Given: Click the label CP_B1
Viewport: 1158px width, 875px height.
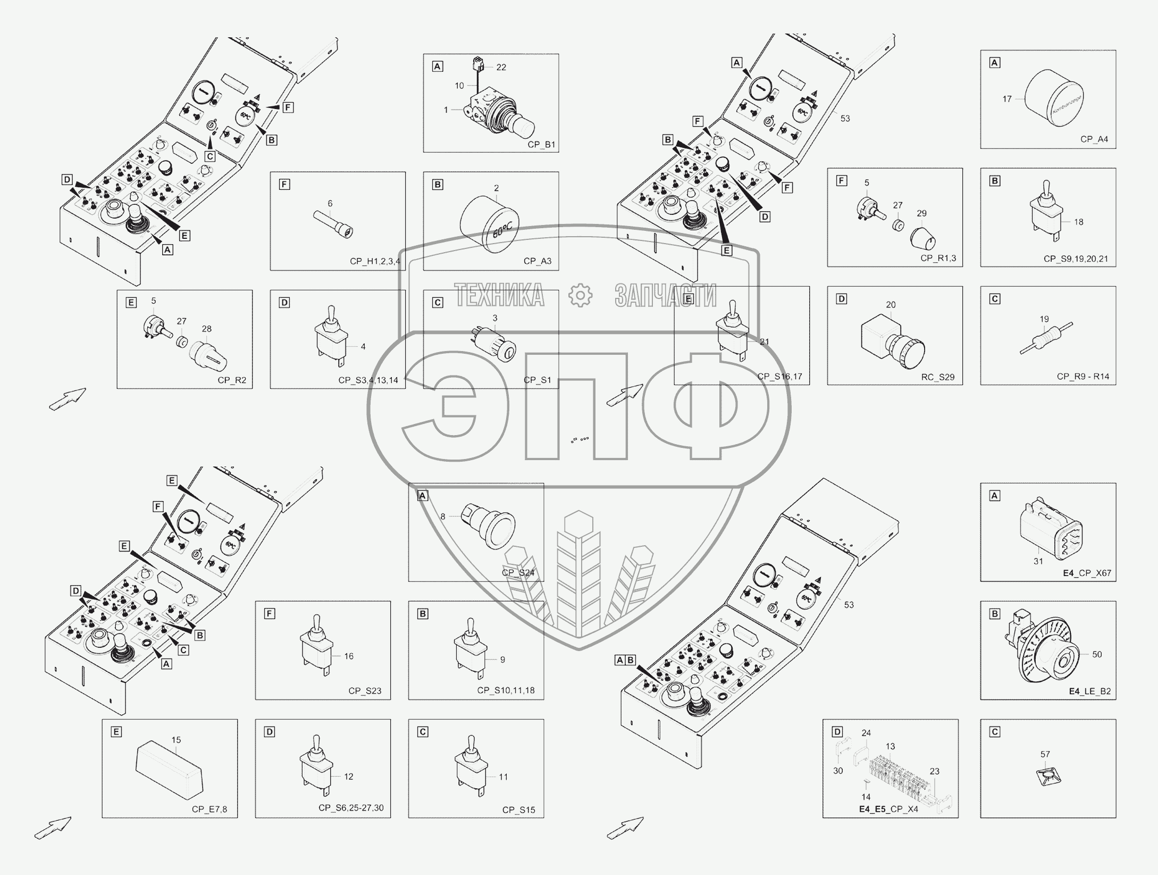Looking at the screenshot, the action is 541,144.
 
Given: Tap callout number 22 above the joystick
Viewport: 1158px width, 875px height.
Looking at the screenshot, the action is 501,68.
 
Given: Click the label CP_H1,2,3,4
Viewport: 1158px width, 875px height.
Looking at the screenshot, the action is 375,261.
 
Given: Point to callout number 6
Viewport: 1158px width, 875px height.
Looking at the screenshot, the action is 330,204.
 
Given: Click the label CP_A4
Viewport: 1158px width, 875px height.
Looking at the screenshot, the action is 1094,139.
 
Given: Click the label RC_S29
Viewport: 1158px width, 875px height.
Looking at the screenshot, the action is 938,377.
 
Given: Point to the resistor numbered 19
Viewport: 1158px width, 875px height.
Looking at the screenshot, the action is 1046,338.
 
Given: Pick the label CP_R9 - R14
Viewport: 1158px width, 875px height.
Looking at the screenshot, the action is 1083,377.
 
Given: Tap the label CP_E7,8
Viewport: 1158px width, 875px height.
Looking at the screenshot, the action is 209,810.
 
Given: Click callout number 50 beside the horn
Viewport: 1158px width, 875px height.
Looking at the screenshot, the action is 1097,654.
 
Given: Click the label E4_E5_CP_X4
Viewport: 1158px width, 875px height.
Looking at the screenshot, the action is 888,810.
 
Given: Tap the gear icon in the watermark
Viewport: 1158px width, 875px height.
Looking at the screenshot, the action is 580,296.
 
